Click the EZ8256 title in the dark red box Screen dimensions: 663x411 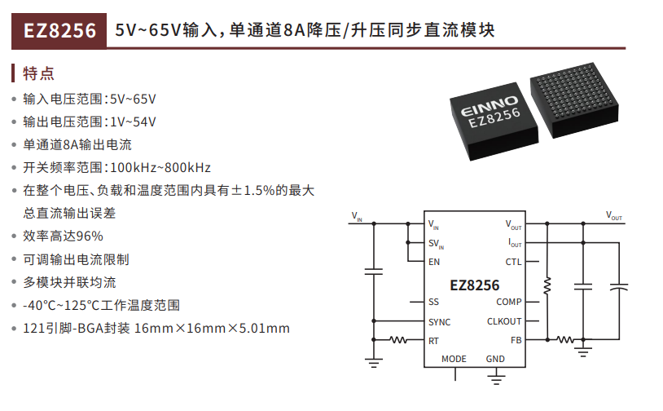pyautogui.click(x=59, y=31)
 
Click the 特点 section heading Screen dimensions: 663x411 pyautogui.click(x=39, y=73)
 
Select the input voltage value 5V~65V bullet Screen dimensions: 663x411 pyautogui.click(x=90, y=99)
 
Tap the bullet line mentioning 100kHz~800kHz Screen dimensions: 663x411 pyautogui.click(x=116, y=168)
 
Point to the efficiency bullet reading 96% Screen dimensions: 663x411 pyautogui.click(x=63, y=236)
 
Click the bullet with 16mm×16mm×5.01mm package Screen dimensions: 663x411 pyautogui.click(x=156, y=328)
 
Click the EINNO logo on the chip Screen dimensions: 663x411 pyautogui.click(x=490, y=106)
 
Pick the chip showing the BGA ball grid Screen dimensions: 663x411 pyautogui.click(x=574, y=99)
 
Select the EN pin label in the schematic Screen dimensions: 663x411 pyautogui.click(x=434, y=262)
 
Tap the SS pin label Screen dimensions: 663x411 pyautogui.click(x=433, y=302)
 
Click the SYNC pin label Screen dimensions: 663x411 pyautogui.click(x=439, y=322)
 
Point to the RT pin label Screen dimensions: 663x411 pyautogui.click(x=433, y=341)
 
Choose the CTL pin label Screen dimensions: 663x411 pyautogui.click(x=513, y=262)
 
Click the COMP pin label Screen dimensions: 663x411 pyautogui.click(x=509, y=302)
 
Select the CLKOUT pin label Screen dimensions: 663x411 pyautogui.click(x=504, y=321)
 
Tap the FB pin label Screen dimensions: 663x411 pyautogui.click(x=516, y=340)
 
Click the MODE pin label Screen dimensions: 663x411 pyautogui.click(x=454, y=359)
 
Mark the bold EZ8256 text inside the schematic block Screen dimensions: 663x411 pyautogui.click(x=474, y=285)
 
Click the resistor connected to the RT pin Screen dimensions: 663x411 pyautogui.click(x=398, y=339)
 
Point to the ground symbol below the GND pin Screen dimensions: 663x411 pyautogui.click(x=496, y=379)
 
